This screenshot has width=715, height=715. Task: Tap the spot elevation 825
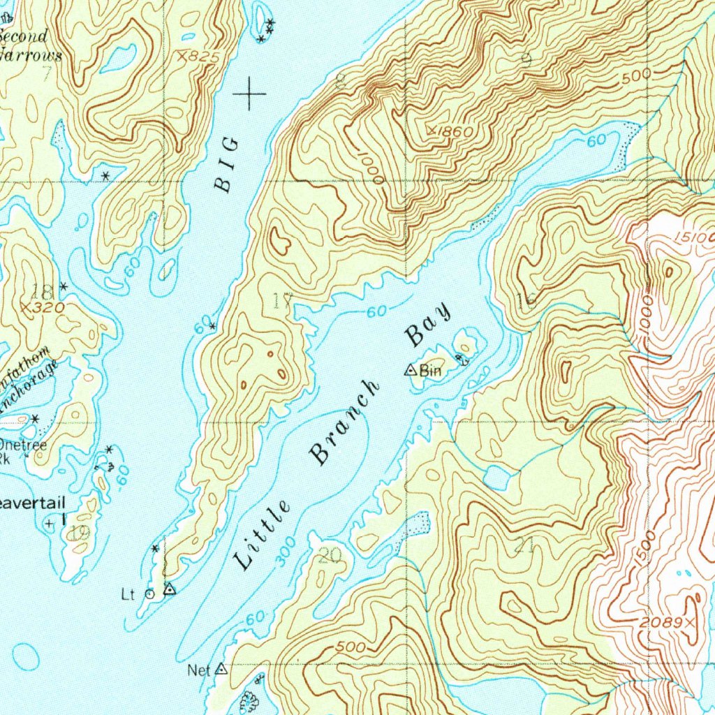coord(198,57)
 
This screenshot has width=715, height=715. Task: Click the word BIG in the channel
coord(226,165)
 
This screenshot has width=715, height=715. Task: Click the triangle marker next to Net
coord(221,669)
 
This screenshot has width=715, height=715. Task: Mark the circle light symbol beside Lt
coord(149,594)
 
